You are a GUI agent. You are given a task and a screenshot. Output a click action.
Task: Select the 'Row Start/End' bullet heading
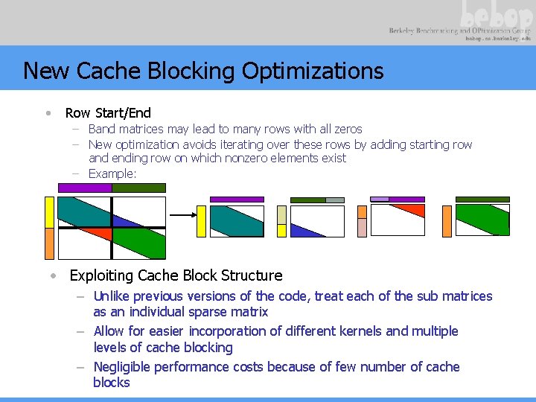click(x=108, y=113)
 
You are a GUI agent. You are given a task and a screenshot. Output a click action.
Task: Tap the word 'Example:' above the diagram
click(x=112, y=173)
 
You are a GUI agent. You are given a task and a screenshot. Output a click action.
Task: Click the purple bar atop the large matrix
click(x=84, y=188)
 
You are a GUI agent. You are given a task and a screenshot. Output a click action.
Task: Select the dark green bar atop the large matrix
click(x=139, y=188)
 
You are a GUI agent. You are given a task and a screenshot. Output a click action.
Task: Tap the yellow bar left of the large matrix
click(x=50, y=211)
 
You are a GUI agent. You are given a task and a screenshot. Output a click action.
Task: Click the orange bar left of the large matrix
click(x=50, y=243)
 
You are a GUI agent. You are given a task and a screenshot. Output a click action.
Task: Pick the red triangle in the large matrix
click(x=101, y=234)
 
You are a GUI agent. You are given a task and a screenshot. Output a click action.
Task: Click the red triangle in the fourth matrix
click(x=412, y=209)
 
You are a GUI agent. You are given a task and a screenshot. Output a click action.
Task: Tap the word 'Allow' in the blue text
click(x=109, y=331)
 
